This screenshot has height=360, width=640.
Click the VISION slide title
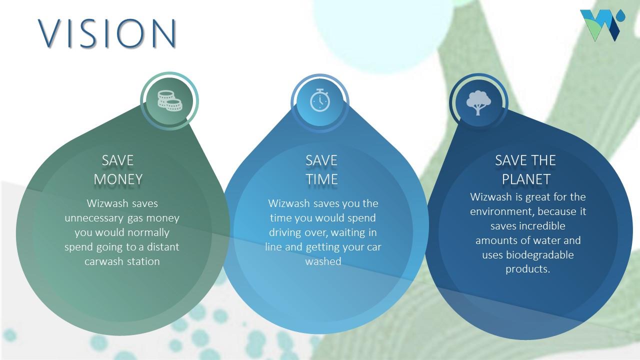coord(107,33)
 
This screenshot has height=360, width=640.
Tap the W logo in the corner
coord(602,25)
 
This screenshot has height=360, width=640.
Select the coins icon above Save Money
coord(169,100)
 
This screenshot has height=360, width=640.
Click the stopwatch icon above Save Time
coord(320,100)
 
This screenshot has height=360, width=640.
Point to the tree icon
coord(478,102)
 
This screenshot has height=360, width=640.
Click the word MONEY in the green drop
coord(118,179)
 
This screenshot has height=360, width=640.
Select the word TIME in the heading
coord(321,179)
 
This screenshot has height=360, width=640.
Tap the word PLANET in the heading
coord(526,179)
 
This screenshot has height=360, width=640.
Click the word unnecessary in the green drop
coord(93,218)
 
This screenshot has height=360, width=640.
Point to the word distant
coord(163,247)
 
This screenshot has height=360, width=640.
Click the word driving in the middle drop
coord(285,232)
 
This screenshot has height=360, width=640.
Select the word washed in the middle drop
coord(323,261)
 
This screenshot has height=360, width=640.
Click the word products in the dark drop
coord(527,269)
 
